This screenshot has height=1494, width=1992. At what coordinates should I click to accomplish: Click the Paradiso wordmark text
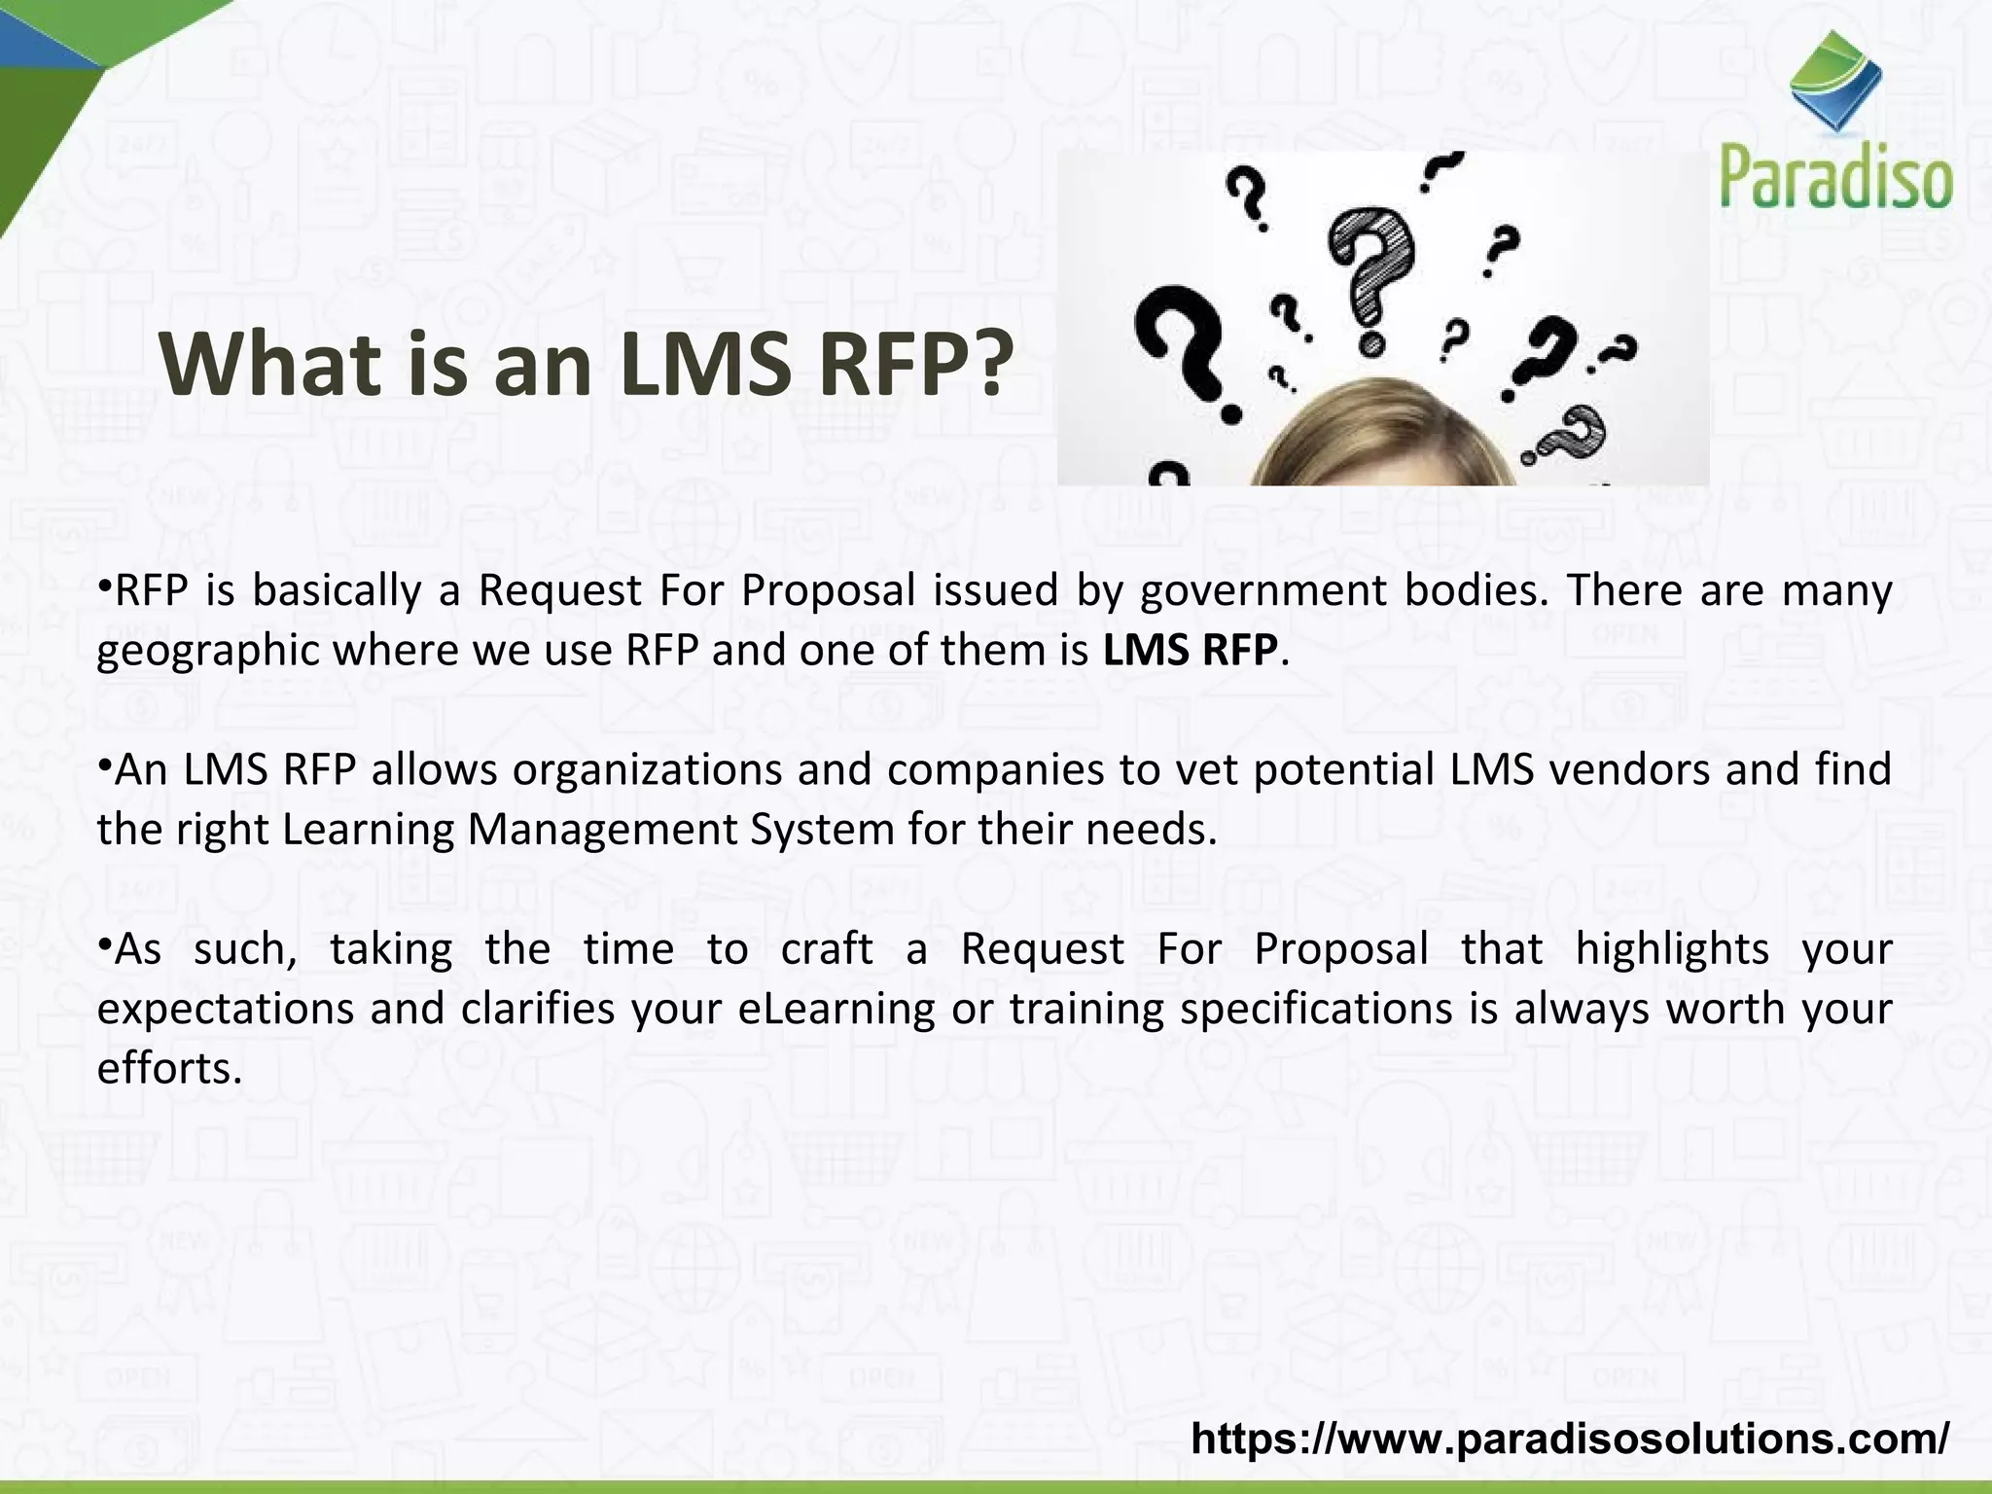[1836, 176]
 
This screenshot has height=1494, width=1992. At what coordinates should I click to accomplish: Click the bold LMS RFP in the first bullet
[1190, 650]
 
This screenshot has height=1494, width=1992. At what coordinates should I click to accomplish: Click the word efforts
[167, 1068]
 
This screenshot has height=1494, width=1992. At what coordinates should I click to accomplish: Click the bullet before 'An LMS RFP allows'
[105, 762]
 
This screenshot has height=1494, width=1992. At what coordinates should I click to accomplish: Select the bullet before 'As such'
[105, 941]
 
